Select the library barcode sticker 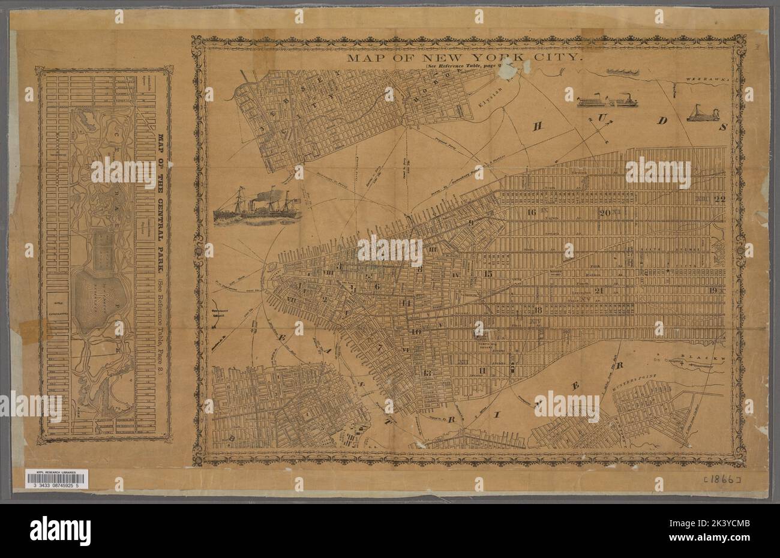[57, 478]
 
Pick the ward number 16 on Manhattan [531, 212]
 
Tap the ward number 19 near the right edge [713, 291]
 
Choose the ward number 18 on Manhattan [538, 310]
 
